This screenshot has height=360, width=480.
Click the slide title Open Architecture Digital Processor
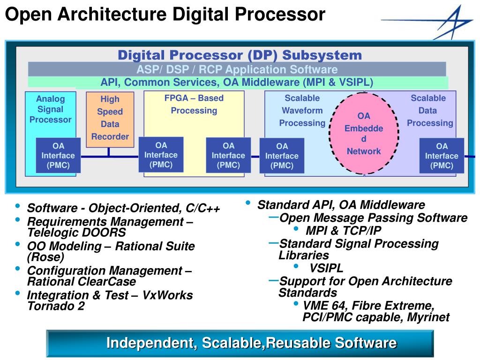click(165, 14)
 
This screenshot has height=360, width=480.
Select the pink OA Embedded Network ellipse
click(363, 133)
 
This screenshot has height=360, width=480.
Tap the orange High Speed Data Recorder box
click(110, 118)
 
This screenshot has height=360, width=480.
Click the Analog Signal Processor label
click(50, 109)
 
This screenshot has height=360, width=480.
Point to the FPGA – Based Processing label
click(194, 105)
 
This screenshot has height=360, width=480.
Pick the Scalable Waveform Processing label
click(302, 111)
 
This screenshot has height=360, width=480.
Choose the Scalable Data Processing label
click(429, 111)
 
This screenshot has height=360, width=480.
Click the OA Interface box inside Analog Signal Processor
click(58, 156)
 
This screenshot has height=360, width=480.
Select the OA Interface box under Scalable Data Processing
click(442, 156)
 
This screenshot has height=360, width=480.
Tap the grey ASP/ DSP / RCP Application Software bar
click(237, 69)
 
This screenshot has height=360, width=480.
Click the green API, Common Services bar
click(237, 82)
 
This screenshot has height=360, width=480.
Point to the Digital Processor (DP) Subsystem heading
click(240, 55)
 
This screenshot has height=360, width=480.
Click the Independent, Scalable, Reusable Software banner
click(251, 343)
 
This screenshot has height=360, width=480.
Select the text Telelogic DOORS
click(76, 232)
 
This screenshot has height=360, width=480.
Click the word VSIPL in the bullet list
click(326, 269)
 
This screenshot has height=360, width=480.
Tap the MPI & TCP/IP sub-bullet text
click(343, 231)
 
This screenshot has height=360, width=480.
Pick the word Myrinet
click(428, 317)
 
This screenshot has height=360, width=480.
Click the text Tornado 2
click(56, 307)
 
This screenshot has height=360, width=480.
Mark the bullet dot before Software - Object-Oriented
click(18, 207)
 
